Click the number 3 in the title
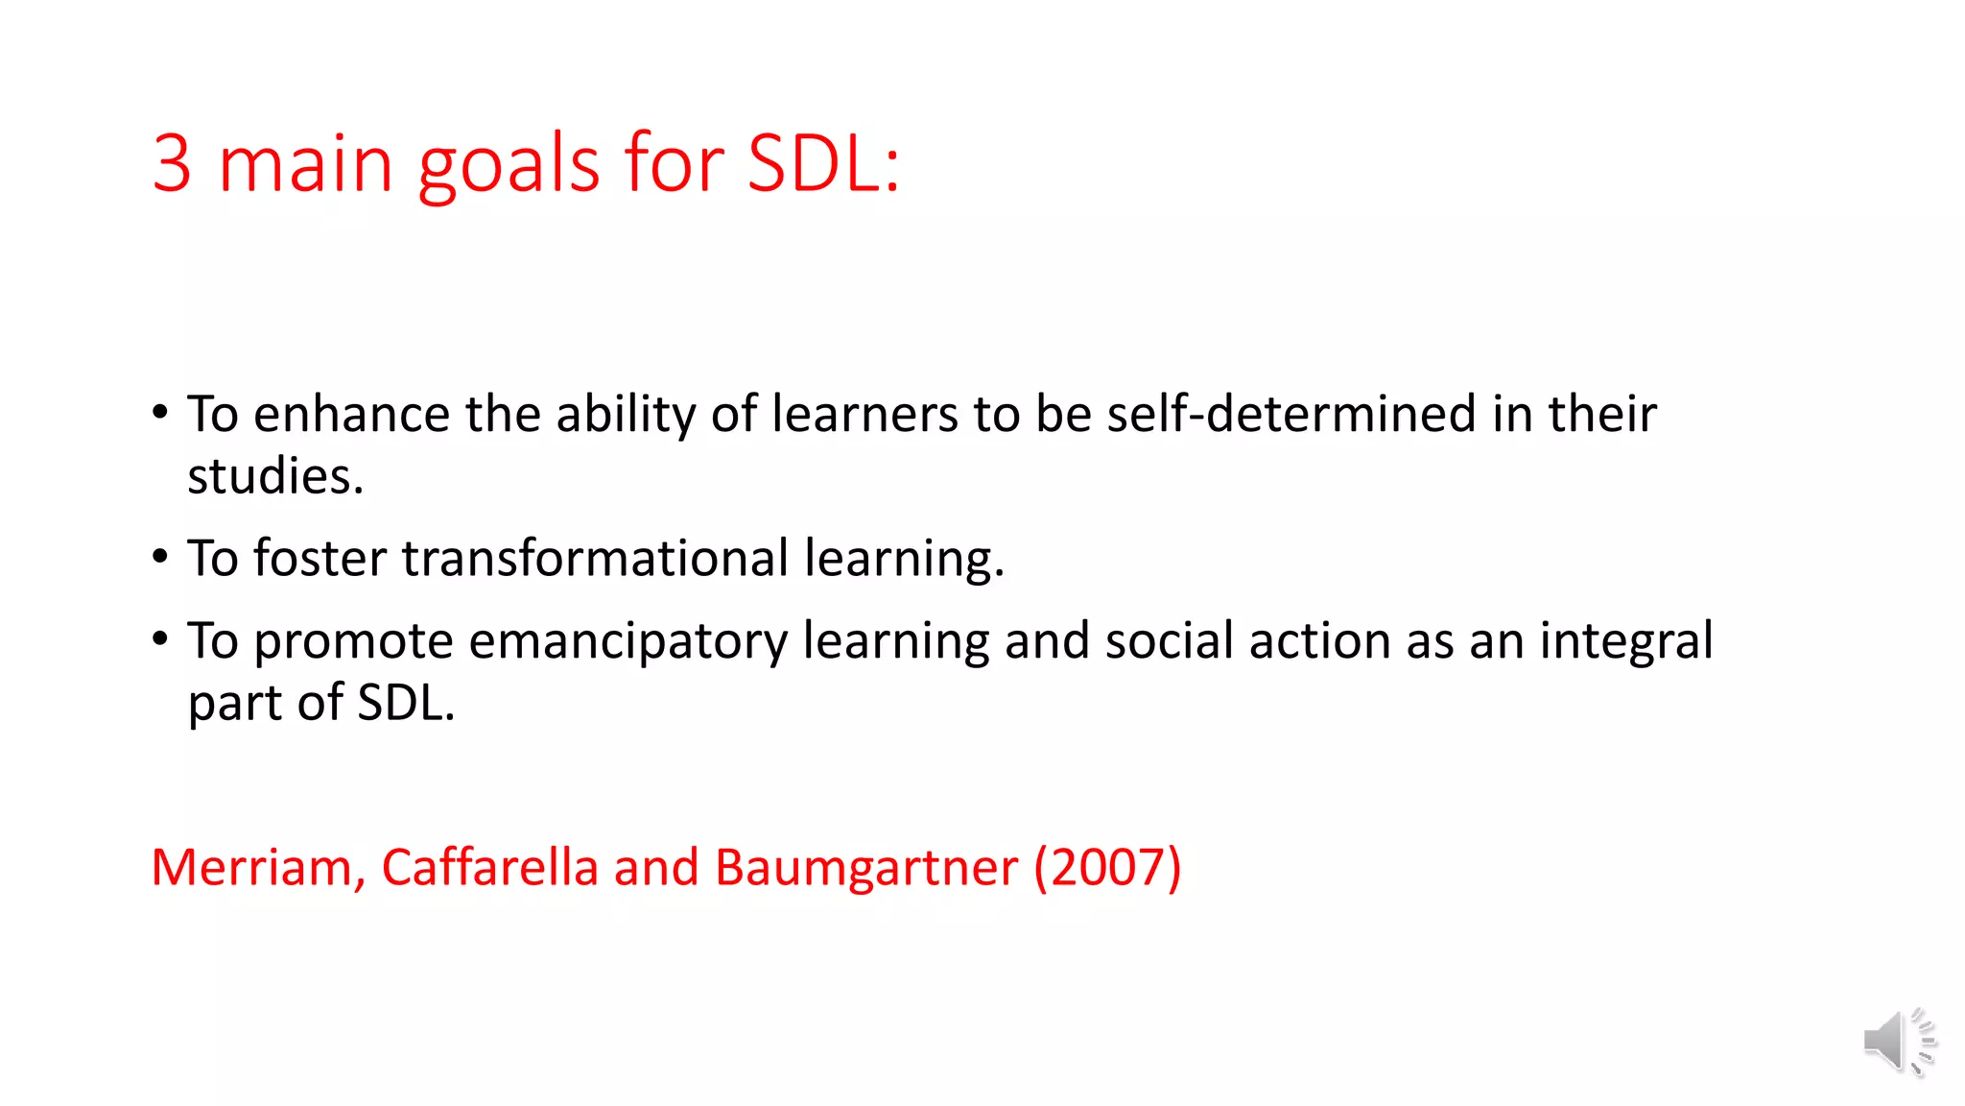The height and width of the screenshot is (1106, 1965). [x=172, y=163]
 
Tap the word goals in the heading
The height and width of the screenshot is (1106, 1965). [x=508, y=165]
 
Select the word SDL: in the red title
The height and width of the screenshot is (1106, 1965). [x=823, y=163]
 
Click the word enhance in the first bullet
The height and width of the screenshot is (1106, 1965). [x=351, y=415]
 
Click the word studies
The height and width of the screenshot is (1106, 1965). [x=274, y=477]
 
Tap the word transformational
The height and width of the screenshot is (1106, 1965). [x=595, y=558]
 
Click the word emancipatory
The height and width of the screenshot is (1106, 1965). [x=627, y=641]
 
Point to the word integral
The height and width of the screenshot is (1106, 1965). [x=1626, y=641]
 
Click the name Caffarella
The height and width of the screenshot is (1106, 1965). [x=489, y=867]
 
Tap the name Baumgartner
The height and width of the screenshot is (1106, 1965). [x=865, y=869]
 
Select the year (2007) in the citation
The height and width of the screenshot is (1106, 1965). [x=1107, y=867]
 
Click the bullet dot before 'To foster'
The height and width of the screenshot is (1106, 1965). [x=160, y=557]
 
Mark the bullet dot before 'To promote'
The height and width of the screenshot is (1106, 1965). [x=160, y=639]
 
